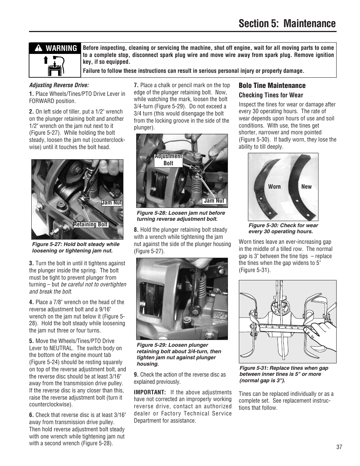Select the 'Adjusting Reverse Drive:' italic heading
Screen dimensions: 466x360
pos(59,85)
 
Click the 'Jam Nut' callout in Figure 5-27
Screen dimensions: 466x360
pos(112,203)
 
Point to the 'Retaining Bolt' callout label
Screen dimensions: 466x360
pos(91,225)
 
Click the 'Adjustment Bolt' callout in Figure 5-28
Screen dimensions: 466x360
pos(168,160)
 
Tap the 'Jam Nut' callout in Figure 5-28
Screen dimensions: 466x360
pos(214,201)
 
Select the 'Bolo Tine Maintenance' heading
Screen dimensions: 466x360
pos(272,86)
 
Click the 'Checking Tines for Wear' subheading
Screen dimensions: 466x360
pos(271,95)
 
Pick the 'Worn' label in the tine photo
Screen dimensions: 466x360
pos(274,187)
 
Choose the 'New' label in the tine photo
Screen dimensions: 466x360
pos(306,187)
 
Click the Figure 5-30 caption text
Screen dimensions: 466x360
pos(283,228)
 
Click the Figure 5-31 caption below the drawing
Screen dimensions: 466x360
pos(283,374)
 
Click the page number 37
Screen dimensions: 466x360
pos(339,447)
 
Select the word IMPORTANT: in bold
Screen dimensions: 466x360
pos(150,392)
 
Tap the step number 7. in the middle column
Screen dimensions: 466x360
pos(136,85)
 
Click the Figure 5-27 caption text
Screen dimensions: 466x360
pos(75,247)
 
